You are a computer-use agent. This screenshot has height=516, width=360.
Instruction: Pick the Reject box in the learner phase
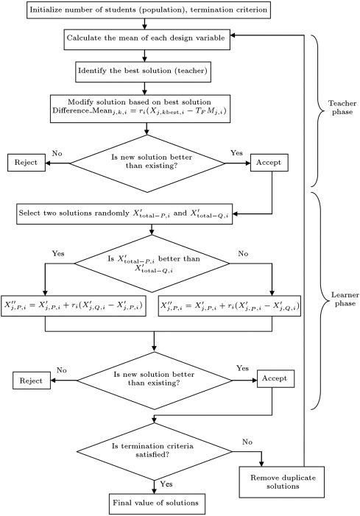click(x=32, y=381)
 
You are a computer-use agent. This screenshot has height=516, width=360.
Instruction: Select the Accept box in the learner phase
click(x=275, y=379)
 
